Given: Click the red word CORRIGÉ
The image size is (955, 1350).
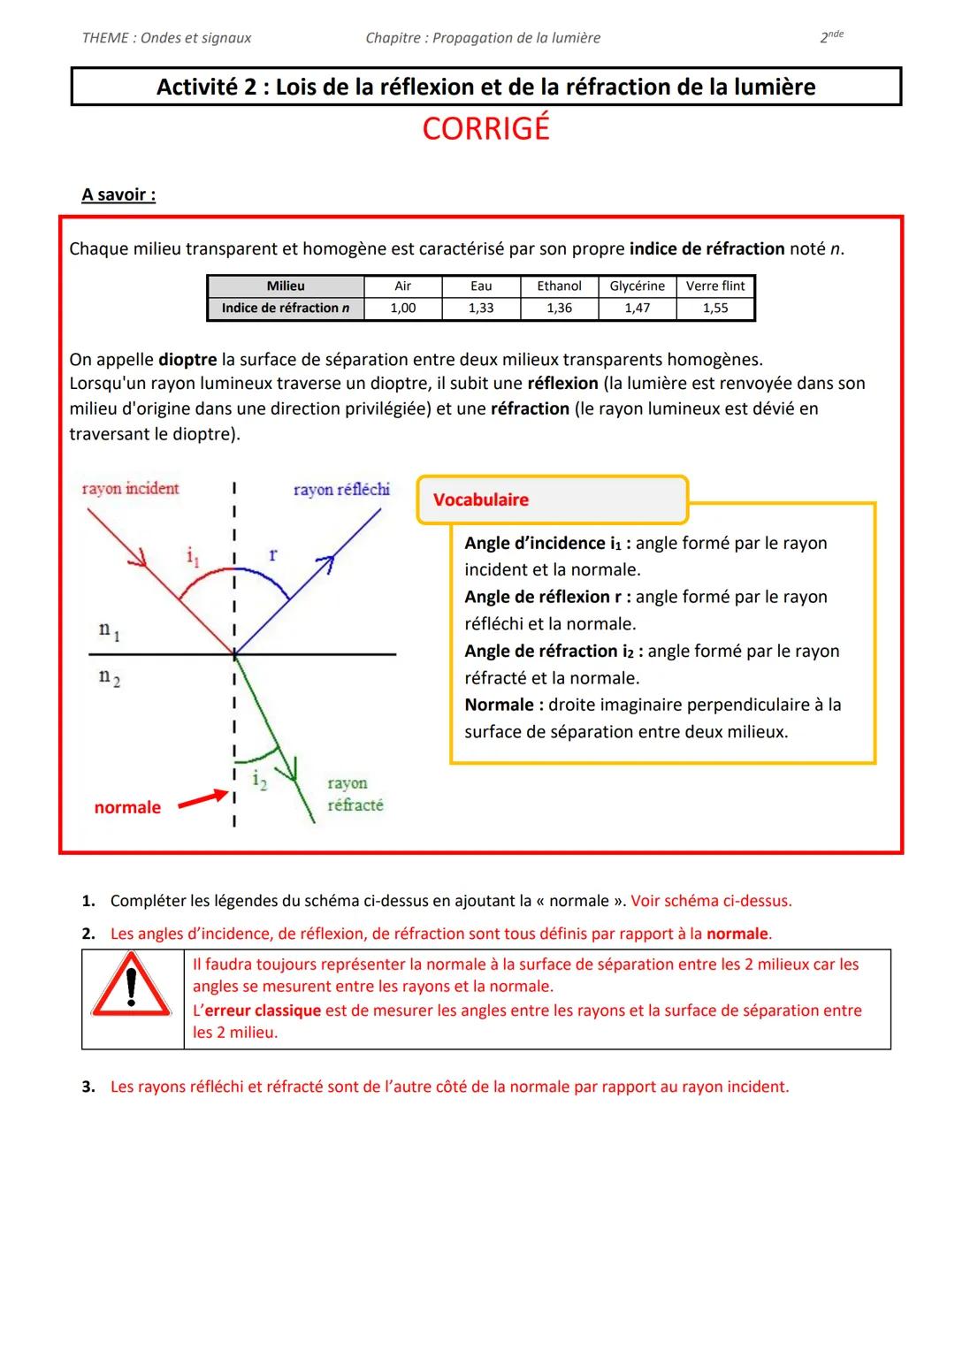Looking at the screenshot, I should pos(485,129).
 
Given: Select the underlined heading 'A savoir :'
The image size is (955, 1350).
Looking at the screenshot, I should pos(118,194).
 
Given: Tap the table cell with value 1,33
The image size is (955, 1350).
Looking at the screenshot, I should pos(481,308).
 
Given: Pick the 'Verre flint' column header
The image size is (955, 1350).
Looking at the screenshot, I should pos(715,286).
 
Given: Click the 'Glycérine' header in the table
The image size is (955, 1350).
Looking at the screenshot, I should pos(637,286).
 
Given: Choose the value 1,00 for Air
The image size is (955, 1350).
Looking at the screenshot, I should pos(402,308).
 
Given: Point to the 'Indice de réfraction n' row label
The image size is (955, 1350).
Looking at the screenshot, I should pos(285,308).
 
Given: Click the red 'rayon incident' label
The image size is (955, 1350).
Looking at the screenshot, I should pos(130,488).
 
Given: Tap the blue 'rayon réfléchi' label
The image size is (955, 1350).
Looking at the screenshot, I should pos(341,489).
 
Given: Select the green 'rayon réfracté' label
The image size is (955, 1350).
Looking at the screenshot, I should pos(355,794).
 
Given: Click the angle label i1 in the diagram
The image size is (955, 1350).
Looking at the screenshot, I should pos(193,556).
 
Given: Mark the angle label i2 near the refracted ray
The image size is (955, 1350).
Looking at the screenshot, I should pos(258,779).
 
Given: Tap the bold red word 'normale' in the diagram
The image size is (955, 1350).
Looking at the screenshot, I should pos(127,807).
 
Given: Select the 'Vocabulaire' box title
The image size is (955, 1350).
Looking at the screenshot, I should pos(480,500).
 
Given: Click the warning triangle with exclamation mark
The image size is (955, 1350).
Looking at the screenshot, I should pos(132,987).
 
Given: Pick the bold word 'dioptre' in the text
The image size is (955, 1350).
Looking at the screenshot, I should pos(187,360).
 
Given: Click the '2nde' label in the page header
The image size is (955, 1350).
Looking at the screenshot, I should pos(831,37).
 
